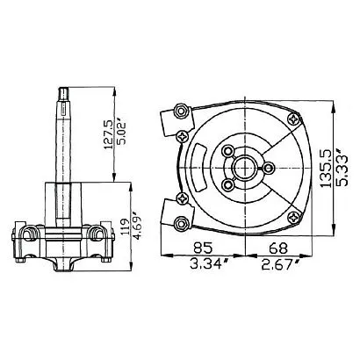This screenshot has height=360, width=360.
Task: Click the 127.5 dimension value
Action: coord(109,134)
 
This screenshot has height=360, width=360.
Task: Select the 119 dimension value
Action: coord(125,227)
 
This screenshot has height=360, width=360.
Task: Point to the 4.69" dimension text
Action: coord(137,225)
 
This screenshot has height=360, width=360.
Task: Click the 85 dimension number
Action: coord(202,248)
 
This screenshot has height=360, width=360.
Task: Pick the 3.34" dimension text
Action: coord(208,264)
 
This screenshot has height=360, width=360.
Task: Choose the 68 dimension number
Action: coord(278,248)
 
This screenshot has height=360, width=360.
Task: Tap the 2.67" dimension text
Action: coord(280,264)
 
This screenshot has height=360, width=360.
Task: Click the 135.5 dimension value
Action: coord(325,168)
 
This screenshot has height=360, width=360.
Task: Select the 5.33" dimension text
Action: coord(342,167)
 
